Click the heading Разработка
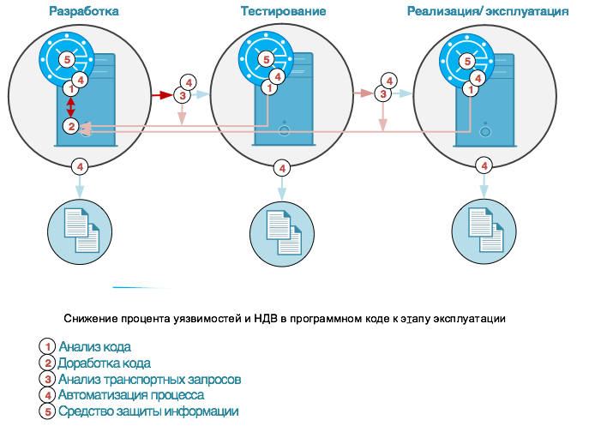[x=84, y=11]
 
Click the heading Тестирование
[x=283, y=11]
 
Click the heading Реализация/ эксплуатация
[x=487, y=11]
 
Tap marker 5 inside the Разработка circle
[x=67, y=59]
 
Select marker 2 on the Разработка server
[x=70, y=126]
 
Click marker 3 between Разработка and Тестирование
[x=181, y=94]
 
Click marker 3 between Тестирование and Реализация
[x=382, y=93]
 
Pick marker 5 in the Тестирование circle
[x=266, y=59]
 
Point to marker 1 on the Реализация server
[x=470, y=88]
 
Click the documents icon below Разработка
[x=81, y=231]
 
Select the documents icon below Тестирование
[x=282, y=232]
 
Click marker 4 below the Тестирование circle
[x=282, y=168]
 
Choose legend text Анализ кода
[x=94, y=346]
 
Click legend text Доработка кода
[x=104, y=363]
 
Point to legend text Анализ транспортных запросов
[x=148, y=379]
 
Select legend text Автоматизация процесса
[x=130, y=395]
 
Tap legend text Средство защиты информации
[x=147, y=411]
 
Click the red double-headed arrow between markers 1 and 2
[x=70, y=107]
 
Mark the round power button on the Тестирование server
[x=284, y=133]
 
